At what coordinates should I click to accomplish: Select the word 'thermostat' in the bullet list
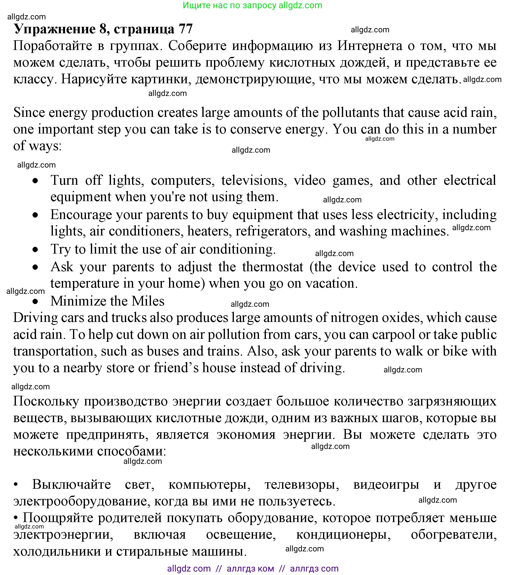click(x=273, y=267)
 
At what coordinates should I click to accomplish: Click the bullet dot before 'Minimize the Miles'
click(x=35, y=302)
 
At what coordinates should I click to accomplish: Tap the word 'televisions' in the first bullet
click(x=254, y=180)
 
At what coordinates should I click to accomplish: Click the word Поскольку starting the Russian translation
click(x=46, y=401)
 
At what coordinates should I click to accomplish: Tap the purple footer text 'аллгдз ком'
click(x=250, y=569)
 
